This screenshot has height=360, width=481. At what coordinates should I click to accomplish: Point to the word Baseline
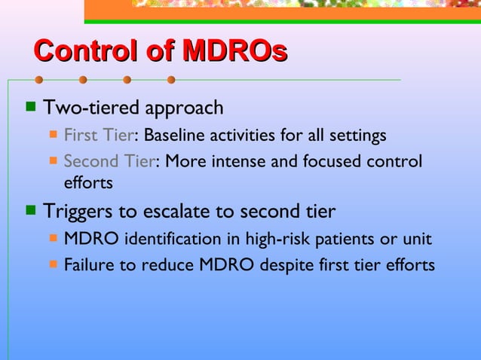tap(174, 136)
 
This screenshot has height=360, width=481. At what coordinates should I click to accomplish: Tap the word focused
tap(338, 162)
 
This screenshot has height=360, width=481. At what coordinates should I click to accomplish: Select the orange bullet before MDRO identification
tap(54, 239)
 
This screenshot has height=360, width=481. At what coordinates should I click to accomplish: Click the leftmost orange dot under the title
tap(38, 79)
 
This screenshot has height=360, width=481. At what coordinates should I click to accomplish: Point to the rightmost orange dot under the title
tap(171, 79)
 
